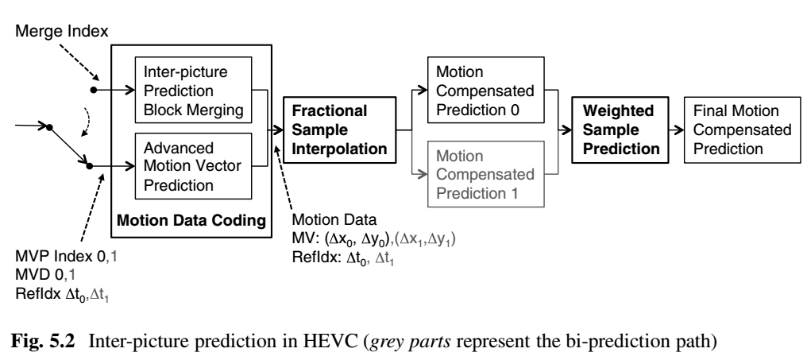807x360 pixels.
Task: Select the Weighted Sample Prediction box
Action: [622, 126]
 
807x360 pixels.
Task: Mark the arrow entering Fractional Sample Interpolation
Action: [275, 126]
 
